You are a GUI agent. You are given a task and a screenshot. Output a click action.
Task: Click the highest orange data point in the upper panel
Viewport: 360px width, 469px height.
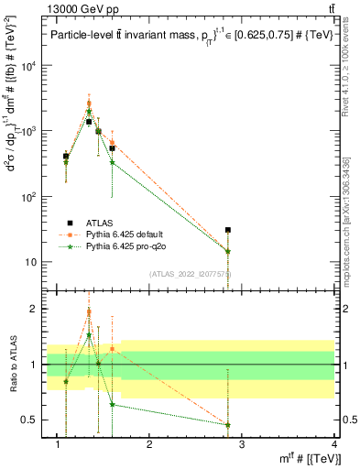click(89, 103)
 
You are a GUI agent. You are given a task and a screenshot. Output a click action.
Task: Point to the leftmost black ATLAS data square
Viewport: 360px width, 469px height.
click(66, 157)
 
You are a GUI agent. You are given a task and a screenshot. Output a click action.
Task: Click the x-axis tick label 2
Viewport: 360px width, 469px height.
click(149, 446)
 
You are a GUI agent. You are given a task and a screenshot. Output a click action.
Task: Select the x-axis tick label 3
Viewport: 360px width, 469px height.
click(242, 446)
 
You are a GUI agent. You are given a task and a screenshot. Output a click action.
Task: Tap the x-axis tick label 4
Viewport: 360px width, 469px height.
click(334, 446)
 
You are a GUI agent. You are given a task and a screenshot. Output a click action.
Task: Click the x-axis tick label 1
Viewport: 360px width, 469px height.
click(57, 446)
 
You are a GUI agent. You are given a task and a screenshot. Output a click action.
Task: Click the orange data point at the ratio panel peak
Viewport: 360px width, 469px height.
click(89, 312)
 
